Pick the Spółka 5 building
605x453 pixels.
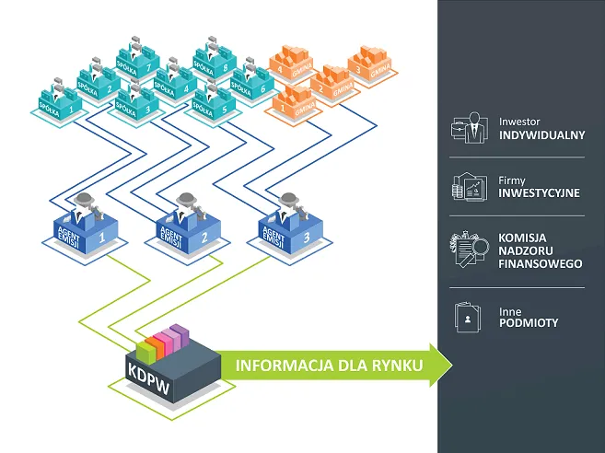tap(213, 103)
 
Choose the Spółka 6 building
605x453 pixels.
tap(250, 84)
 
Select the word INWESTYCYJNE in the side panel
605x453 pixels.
tap(539, 194)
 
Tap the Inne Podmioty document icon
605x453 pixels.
tap(469, 317)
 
